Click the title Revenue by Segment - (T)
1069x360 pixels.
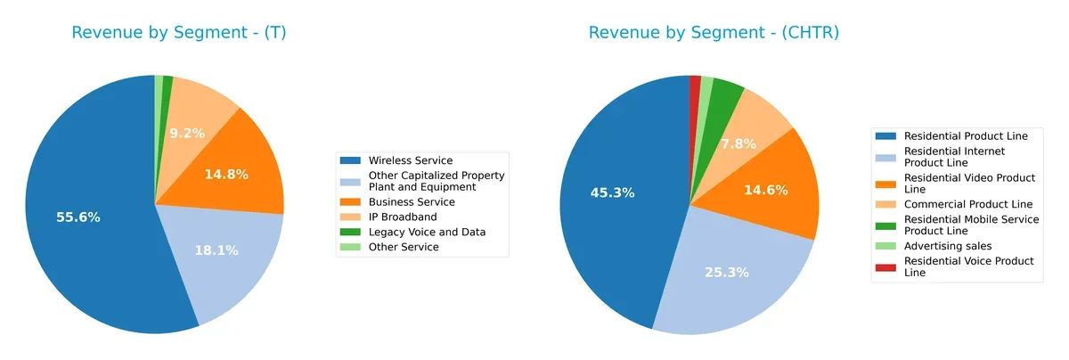(x=178, y=33)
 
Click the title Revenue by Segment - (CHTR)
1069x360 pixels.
(x=714, y=33)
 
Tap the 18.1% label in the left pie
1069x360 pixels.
(x=216, y=250)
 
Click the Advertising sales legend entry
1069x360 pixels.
(x=948, y=245)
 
